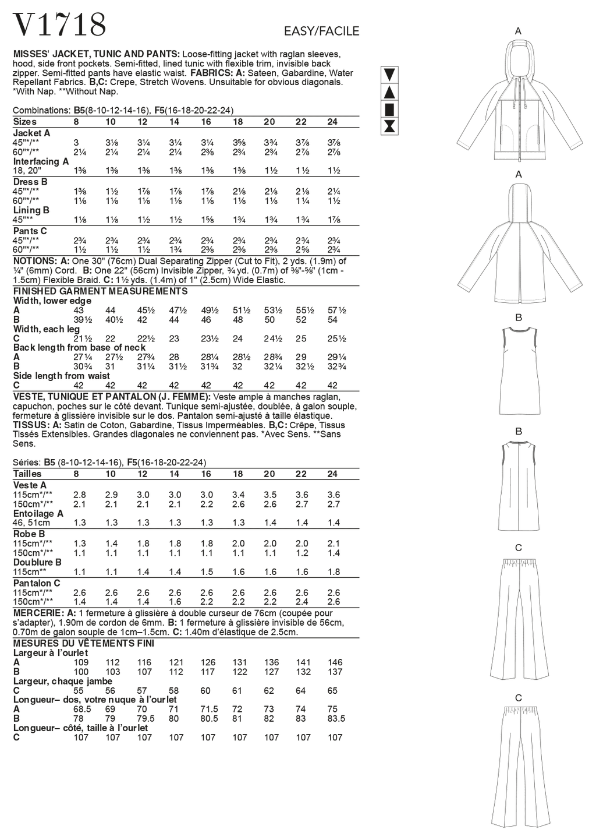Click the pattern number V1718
60,24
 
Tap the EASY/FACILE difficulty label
321,31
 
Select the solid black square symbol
389,109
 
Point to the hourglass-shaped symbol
389,126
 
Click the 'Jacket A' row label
31,133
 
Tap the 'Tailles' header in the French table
27,474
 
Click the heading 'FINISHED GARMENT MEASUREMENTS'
100,291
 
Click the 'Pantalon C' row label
37,583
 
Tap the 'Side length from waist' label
61,376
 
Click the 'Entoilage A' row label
38,514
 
